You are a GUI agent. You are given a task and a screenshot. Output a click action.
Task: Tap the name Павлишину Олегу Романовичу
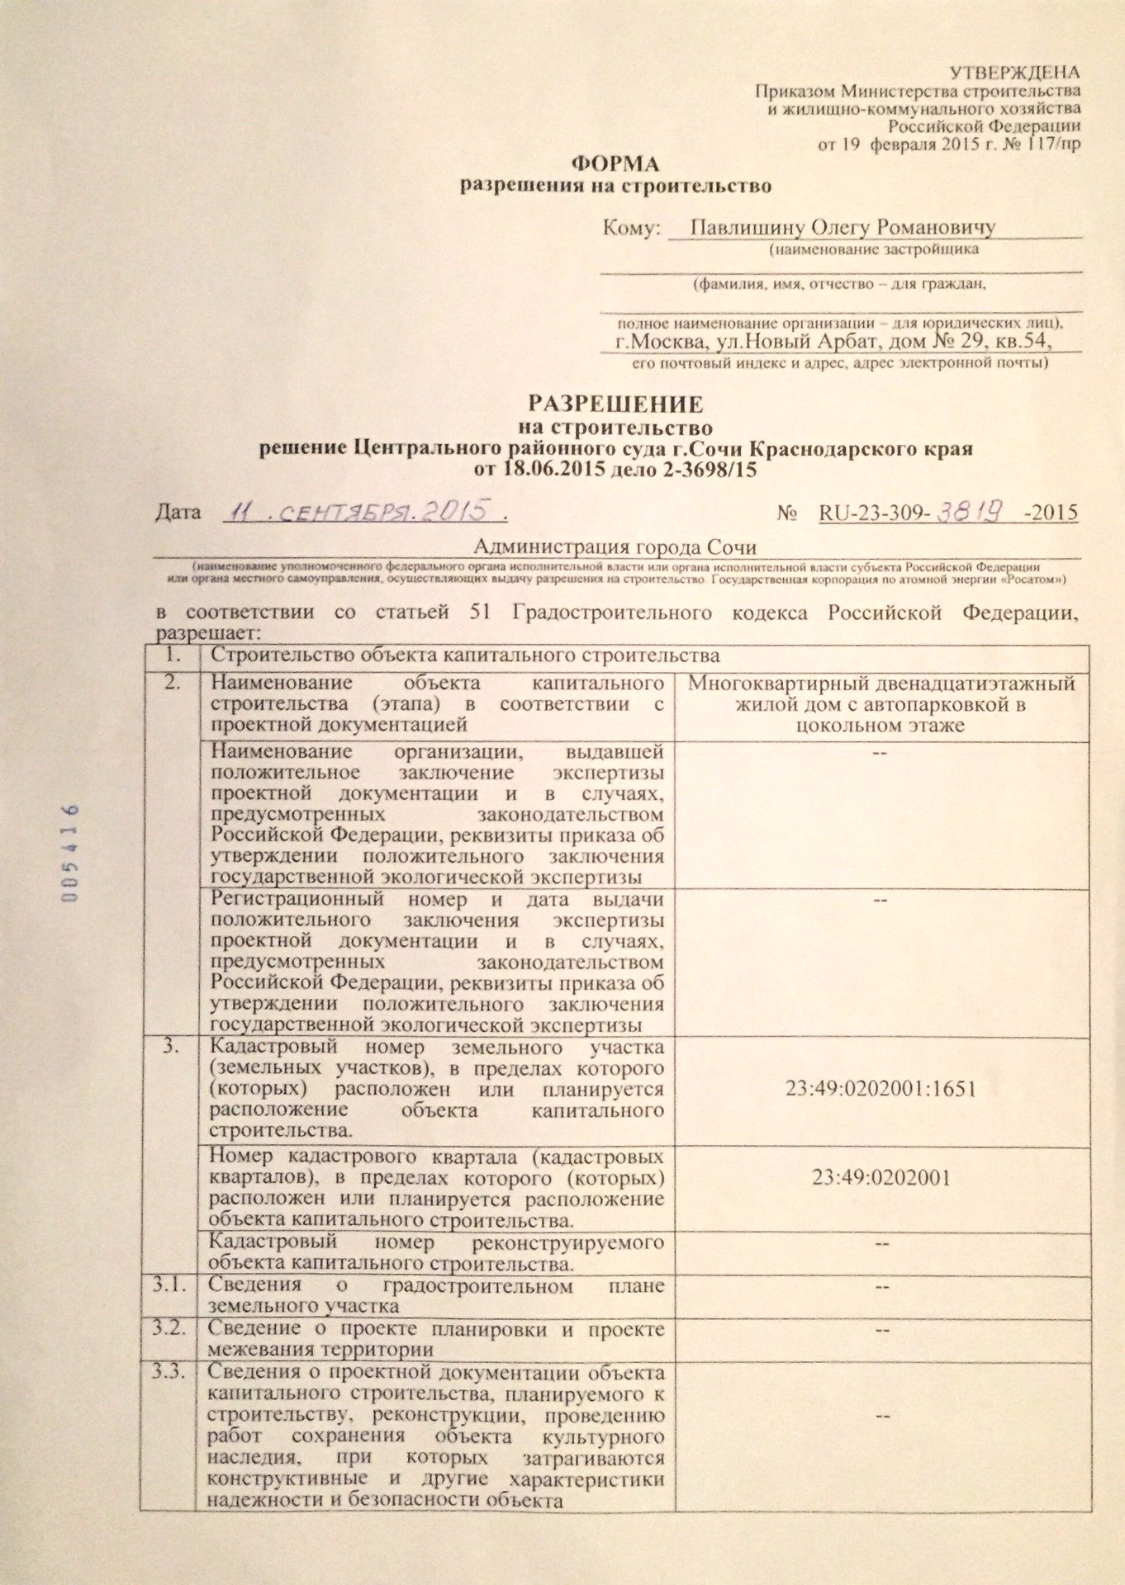[x=843, y=227]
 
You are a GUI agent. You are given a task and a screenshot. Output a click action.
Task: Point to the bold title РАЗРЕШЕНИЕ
[x=615, y=405]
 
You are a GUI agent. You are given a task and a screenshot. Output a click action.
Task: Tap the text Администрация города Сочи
[x=615, y=546]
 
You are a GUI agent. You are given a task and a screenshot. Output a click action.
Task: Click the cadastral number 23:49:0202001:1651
[x=881, y=1088]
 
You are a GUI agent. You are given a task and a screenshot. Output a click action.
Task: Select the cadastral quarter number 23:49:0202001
[x=881, y=1176]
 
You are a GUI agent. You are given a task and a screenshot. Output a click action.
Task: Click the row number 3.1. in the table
[x=169, y=1285]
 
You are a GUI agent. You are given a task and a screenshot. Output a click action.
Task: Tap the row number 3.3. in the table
[x=169, y=1372]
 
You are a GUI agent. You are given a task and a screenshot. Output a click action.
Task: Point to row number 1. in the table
[x=173, y=655]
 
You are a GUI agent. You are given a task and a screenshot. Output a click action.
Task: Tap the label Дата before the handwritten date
[x=178, y=513]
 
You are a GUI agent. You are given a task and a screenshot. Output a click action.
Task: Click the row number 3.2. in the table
[x=169, y=1329]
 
